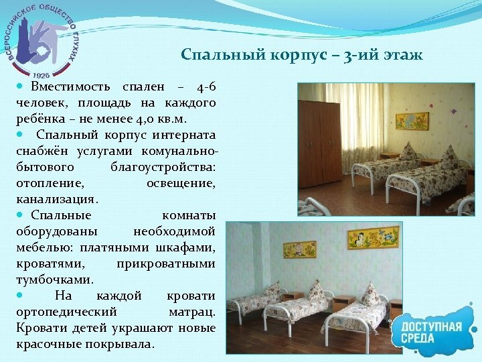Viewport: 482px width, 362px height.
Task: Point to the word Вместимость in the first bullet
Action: coord(73,88)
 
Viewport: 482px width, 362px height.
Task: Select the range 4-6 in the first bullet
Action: coord(206,88)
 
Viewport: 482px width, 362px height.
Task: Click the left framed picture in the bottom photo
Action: coord(301,250)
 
